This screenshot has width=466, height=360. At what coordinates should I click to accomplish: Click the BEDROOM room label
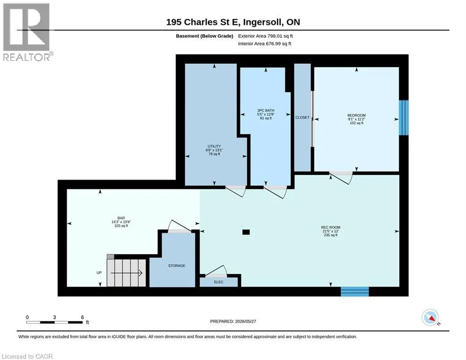coord(356,115)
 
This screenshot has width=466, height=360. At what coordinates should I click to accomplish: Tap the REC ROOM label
coord(331,227)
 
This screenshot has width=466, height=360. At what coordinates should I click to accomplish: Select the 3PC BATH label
coord(266,110)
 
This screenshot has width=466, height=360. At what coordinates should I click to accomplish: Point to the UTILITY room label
coord(215,146)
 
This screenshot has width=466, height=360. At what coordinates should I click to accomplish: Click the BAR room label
coord(121,218)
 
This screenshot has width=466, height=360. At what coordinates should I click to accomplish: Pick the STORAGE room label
coord(177,266)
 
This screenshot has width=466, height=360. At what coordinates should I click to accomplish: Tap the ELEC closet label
coord(218,282)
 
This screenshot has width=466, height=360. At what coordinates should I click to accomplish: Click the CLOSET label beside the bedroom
coord(302,118)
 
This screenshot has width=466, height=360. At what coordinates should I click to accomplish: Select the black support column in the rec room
coord(246,232)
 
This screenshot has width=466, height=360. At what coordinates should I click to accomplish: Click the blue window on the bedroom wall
coord(404,118)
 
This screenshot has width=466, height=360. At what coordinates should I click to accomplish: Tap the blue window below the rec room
coord(355,292)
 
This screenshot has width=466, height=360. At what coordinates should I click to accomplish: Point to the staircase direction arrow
coord(126,273)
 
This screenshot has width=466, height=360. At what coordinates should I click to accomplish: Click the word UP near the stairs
coord(99,272)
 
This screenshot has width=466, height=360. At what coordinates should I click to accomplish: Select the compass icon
coord(430,318)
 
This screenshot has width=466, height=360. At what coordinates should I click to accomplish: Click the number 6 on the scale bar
coord(82,317)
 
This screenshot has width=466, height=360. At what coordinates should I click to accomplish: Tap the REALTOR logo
coord(27,32)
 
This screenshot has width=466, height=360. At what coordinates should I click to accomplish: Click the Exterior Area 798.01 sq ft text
coord(266,36)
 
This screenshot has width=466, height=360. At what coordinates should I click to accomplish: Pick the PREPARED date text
coord(233,321)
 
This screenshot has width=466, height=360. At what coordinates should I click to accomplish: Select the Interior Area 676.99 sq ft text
coord(265,44)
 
